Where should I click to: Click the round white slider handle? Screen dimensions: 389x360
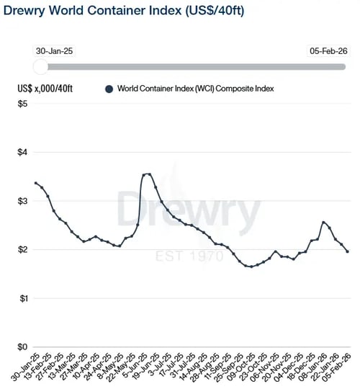tap(42, 66)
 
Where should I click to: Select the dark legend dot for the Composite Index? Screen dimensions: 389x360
tap(109, 89)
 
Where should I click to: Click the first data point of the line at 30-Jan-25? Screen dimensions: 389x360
tap(36, 183)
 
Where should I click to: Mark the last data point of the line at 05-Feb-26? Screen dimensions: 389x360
tap(348, 251)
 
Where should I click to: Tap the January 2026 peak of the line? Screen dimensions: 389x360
tap(323, 222)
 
